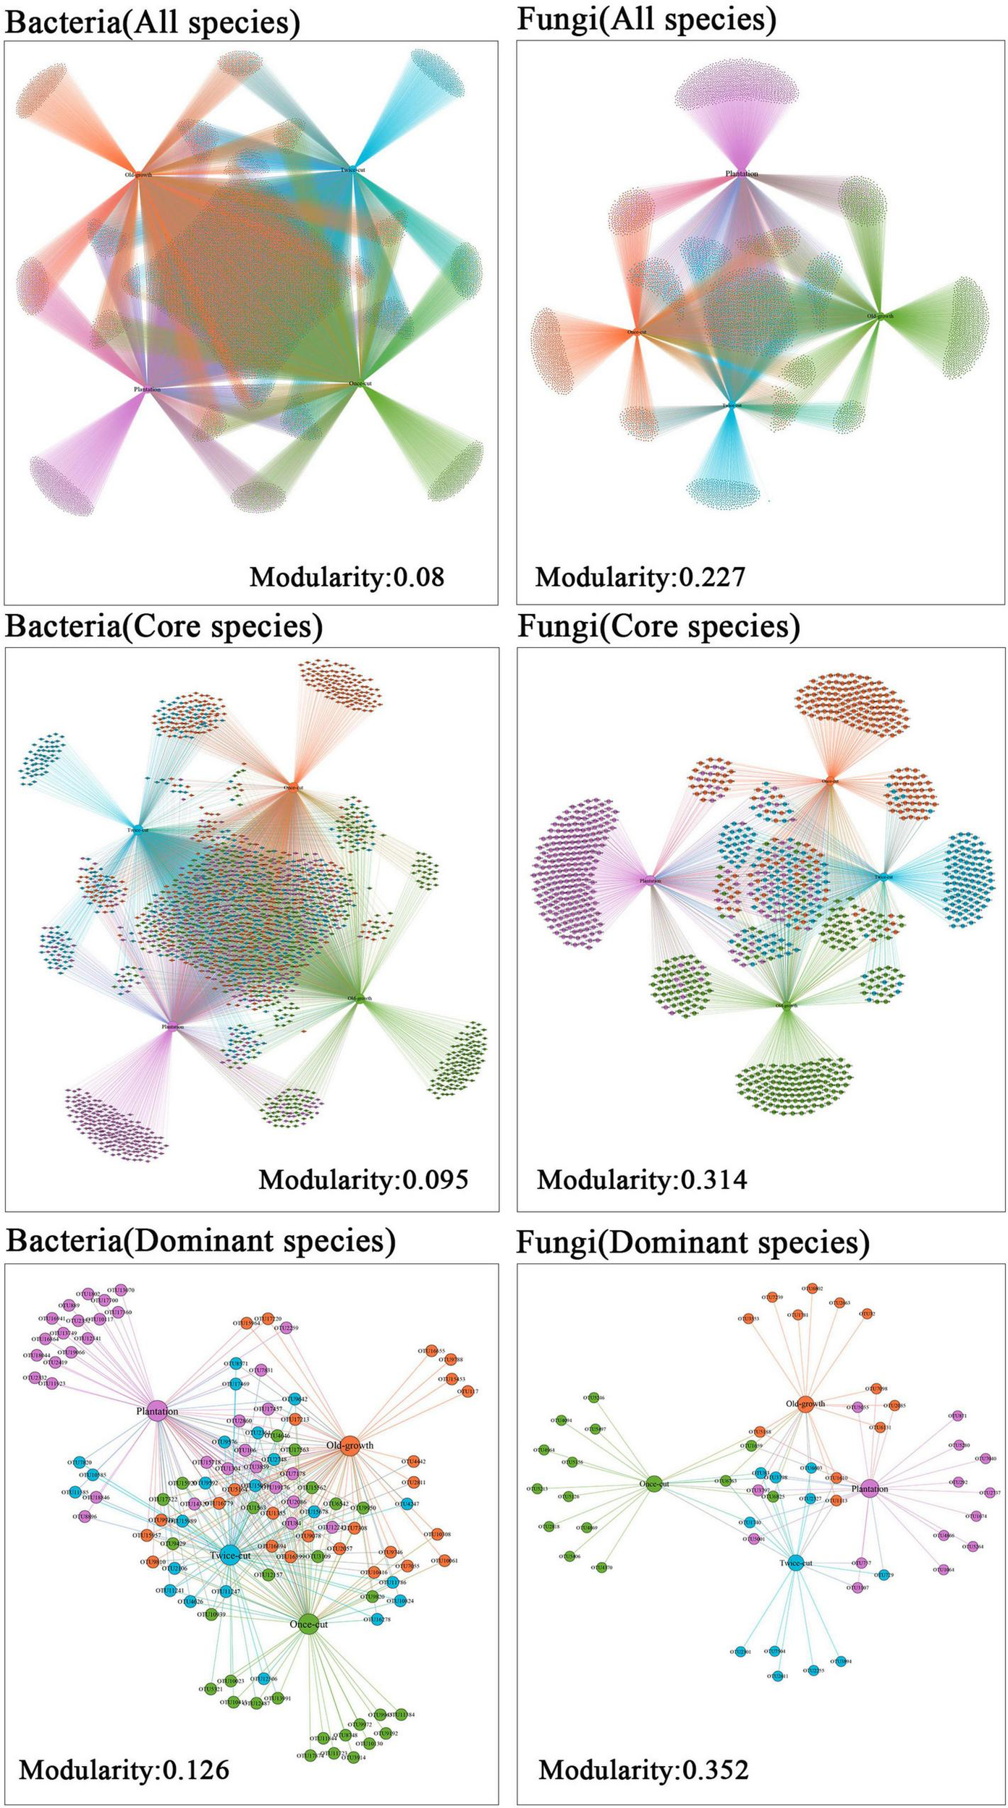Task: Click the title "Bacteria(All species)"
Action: coord(152,22)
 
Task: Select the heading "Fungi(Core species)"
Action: coord(658,626)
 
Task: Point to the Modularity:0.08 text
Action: coord(347,576)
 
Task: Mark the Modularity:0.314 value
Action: coord(642,1180)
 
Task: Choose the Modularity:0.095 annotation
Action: coord(363,1180)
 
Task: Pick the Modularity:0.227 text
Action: coord(640,576)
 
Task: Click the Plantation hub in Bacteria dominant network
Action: coord(157,1411)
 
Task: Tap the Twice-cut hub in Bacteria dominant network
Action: coord(230,1556)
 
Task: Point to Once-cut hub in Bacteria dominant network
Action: coord(308,1624)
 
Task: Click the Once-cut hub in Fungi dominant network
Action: coord(653,1484)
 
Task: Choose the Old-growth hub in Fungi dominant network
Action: coord(805,1404)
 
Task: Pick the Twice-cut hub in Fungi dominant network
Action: coord(795,1563)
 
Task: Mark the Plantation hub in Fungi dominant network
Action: coord(869,1489)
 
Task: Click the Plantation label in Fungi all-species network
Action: coord(742,174)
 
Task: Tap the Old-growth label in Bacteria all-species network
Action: coord(137,174)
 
